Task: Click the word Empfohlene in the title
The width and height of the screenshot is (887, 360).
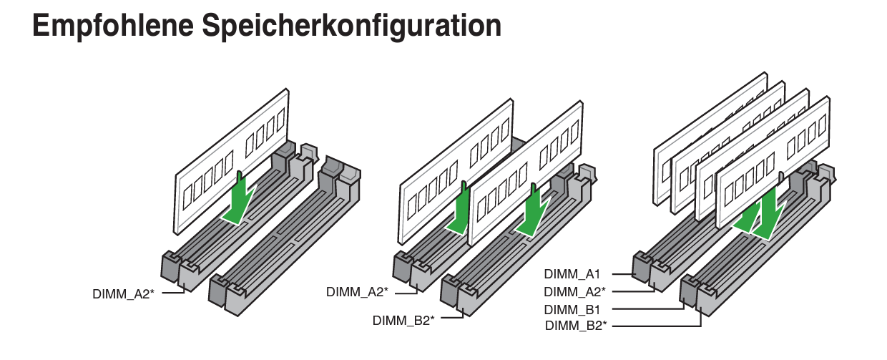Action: pyautogui.click(x=113, y=26)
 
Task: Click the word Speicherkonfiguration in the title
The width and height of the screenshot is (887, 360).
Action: pyautogui.click(x=352, y=26)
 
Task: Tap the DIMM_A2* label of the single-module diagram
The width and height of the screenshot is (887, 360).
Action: pyautogui.click(x=123, y=294)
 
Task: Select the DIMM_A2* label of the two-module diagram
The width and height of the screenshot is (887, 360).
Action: pyautogui.click(x=357, y=292)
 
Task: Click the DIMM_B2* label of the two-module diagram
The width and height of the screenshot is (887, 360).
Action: pyautogui.click(x=403, y=320)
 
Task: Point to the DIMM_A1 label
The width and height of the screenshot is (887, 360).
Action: pyautogui.click(x=572, y=273)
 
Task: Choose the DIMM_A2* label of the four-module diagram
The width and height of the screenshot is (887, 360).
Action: pyautogui.click(x=574, y=291)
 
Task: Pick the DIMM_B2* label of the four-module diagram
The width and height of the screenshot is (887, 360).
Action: pyautogui.click(x=576, y=325)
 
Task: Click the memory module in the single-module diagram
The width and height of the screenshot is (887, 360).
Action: pyautogui.click(x=232, y=162)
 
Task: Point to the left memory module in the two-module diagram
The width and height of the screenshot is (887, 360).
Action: pyautogui.click(x=456, y=172)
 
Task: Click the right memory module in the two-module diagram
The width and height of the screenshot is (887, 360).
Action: pyautogui.click(x=526, y=173)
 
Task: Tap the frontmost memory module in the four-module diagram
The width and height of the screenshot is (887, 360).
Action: pyautogui.click(x=773, y=162)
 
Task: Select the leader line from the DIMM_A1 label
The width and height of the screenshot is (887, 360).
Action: pyautogui.click(x=624, y=274)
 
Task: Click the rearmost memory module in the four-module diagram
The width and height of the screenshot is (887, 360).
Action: pyautogui.click(x=710, y=139)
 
